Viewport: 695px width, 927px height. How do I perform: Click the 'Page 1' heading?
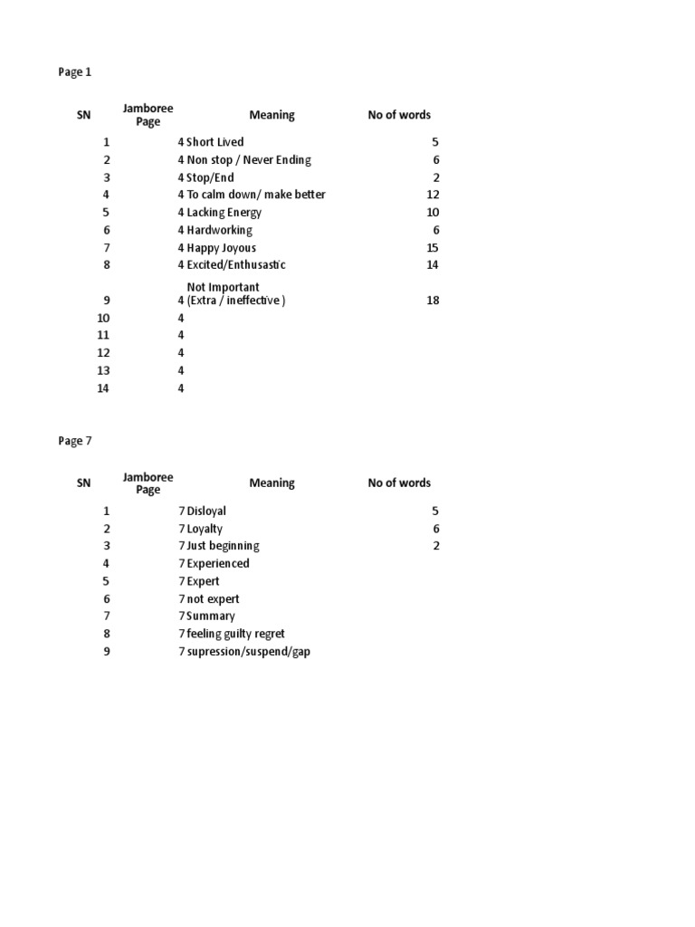tap(75, 72)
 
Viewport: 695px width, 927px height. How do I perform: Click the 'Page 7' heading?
tap(75, 442)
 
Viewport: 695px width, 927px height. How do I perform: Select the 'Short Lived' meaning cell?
tap(214, 142)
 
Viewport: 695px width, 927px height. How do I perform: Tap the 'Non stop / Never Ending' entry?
tap(248, 160)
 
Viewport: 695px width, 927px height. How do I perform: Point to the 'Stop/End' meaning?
tap(210, 177)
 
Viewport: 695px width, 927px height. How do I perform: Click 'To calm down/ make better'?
tap(256, 195)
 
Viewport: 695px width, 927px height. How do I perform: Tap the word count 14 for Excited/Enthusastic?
tap(432, 265)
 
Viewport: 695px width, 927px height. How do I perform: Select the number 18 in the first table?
tap(432, 301)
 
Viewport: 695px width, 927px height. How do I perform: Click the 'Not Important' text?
tap(223, 288)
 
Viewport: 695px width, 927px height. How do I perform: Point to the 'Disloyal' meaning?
tap(206, 511)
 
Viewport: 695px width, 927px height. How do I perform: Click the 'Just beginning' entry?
tap(223, 546)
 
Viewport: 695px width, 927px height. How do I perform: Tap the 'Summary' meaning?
tap(210, 616)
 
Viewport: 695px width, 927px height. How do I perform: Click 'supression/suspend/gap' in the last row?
tap(248, 652)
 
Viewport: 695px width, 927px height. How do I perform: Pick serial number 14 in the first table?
tap(103, 388)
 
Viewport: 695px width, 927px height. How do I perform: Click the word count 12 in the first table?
tap(432, 195)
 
